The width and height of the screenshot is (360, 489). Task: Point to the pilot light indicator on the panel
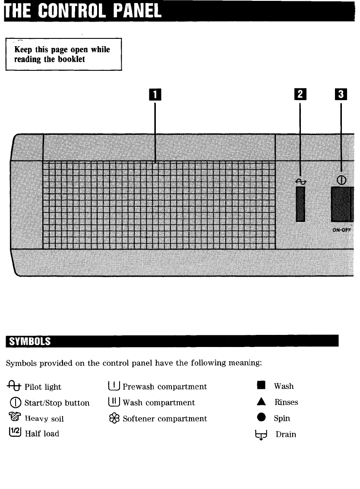pyautogui.click(x=300, y=204)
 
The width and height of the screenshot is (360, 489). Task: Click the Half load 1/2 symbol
pyautogui.click(x=15, y=433)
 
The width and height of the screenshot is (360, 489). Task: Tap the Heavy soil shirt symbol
pyautogui.click(x=15, y=418)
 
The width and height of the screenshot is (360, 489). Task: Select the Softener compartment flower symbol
pyautogui.click(x=114, y=419)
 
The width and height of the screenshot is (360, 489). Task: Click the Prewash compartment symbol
pyautogui.click(x=114, y=386)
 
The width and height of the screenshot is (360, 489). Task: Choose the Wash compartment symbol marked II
pyautogui.click(x=114, y=402)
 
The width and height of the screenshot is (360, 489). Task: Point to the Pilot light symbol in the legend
pyautogui.click(x=14, y=386)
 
